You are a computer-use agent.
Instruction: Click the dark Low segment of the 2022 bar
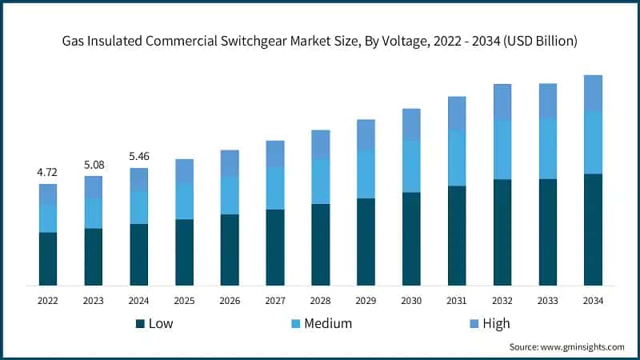pos(48,258)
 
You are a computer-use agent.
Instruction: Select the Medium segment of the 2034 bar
pos(593,142)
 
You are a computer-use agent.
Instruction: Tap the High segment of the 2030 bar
pos(411,124)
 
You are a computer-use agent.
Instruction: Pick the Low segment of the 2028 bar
pos(321,244)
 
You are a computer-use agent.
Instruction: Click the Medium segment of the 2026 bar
pos(230,195)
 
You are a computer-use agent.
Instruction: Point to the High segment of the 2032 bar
pos(502,102)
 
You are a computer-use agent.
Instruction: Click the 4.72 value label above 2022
pos(48,172)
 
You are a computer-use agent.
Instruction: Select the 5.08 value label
pos(94,165)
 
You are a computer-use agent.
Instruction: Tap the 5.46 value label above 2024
pos(139,157)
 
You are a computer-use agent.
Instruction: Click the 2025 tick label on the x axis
pos(184,301)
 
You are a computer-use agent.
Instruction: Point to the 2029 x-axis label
pos(366,301)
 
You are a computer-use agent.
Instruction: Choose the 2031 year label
pos(457,301)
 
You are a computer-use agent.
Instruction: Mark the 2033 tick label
pos(547,301)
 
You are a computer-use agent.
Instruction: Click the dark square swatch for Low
pos(140,323)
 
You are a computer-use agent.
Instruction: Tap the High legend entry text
pos(496,323)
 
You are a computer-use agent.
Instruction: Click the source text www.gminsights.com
pos(584,347)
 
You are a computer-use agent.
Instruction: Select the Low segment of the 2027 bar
pos(275,247)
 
